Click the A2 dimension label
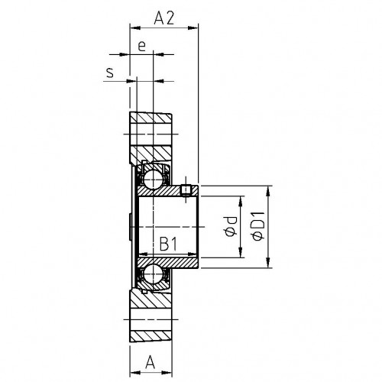[x=164, y=18]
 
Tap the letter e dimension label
[x=141, y=47]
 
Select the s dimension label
[x=110, y=73]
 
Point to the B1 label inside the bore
[x=168, y=244]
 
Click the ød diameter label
[x=231, y=227]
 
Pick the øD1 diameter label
[x=258, y=226]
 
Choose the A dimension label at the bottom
[x=151, y=362]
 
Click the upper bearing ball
[x=153, y=179]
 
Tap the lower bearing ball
[x=153, y=274]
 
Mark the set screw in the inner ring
[x=186, y=190]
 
